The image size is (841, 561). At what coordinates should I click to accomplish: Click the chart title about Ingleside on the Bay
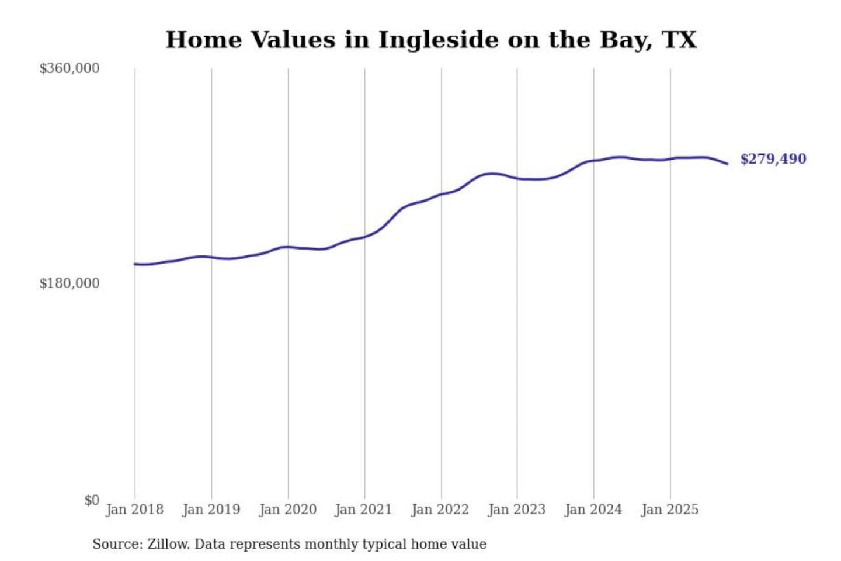coord(431,40)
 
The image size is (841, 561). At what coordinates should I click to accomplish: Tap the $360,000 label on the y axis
coord(69,68)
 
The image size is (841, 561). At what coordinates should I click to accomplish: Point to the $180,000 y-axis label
coord(69,283)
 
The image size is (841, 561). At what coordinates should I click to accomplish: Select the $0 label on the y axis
coord(91,500)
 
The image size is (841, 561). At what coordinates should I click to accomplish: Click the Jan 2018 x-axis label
coord(134,510)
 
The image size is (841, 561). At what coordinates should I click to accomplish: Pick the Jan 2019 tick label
coord(211,510)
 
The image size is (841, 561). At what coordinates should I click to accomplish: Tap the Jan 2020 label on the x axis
coord(287,510)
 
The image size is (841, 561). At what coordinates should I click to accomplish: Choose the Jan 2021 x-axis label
coord(363,510)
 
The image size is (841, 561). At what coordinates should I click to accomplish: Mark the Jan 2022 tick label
coord(440,510)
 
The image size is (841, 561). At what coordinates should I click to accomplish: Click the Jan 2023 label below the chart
coord(516,510)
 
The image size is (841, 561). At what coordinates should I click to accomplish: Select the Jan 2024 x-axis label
coord(593,510)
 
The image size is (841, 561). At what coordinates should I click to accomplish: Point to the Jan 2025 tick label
coord(669,510)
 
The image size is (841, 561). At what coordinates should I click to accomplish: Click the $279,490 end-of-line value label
coord(773,159)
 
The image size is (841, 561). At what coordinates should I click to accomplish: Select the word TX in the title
coord(679,40)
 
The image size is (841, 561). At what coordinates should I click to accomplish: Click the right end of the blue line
coord(727,164)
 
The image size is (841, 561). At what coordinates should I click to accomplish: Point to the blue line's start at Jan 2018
coord(135,264)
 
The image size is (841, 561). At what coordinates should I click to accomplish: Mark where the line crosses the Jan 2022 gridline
coord(441,194)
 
